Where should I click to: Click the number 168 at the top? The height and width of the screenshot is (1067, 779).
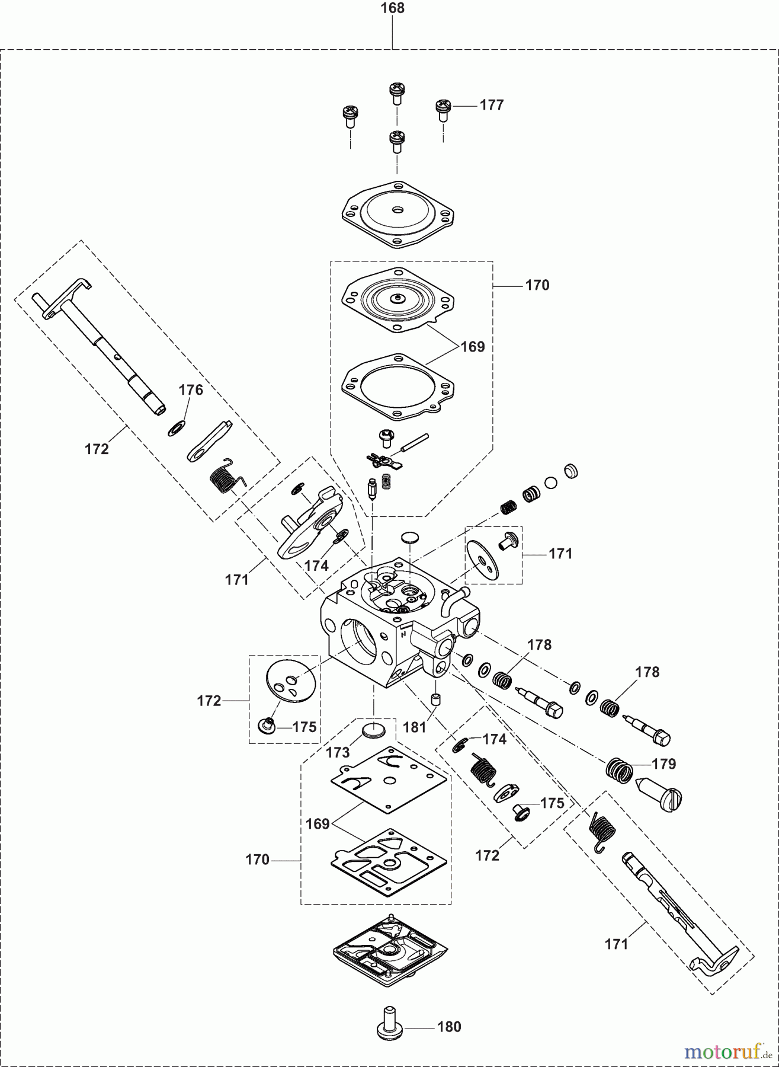(392, 8)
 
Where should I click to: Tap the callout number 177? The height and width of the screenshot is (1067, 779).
(492, 106)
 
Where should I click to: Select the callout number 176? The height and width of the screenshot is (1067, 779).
(191, 390)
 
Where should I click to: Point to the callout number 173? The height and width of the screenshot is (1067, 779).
(338, 752)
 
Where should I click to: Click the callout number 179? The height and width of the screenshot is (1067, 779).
(663, 763)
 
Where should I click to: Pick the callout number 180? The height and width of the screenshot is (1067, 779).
(449, 1027)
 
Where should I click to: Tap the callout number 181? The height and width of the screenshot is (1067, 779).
(415, 726)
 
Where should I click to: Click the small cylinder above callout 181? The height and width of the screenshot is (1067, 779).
(437, 699)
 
